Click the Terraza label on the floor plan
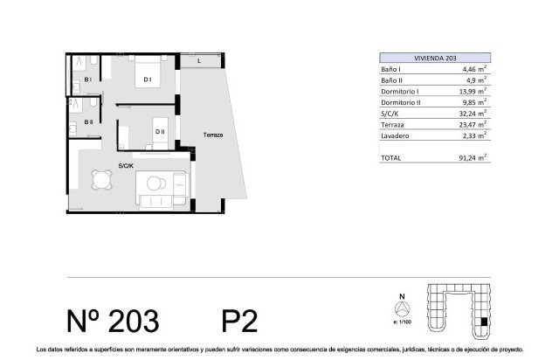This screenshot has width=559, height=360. (213, 135)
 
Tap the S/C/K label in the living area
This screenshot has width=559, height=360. (126, 165)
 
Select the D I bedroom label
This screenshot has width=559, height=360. (148, 80)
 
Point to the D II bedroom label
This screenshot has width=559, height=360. (160, 131)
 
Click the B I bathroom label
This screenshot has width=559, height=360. (87, 80)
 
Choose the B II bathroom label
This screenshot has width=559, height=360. (88, 122)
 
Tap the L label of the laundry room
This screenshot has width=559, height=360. (199, 61)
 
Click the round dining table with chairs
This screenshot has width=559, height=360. (101, 179)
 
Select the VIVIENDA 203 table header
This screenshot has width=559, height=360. (435, 58)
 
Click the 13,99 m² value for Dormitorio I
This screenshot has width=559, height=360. (473, 91)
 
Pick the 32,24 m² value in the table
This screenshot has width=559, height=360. (473, 113)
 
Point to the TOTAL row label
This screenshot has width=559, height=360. (390, 157)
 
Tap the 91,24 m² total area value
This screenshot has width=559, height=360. (473, 157)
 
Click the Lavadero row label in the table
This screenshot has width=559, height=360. (395, 135)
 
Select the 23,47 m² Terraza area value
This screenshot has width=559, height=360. (473, 124)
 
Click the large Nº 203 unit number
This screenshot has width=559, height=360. (113, 321)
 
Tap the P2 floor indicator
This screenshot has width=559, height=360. (239, 321)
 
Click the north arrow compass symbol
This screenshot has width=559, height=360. (402, 308)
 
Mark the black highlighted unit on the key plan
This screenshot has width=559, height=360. (484, 322)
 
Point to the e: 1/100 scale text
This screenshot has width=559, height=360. (402, 322)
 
